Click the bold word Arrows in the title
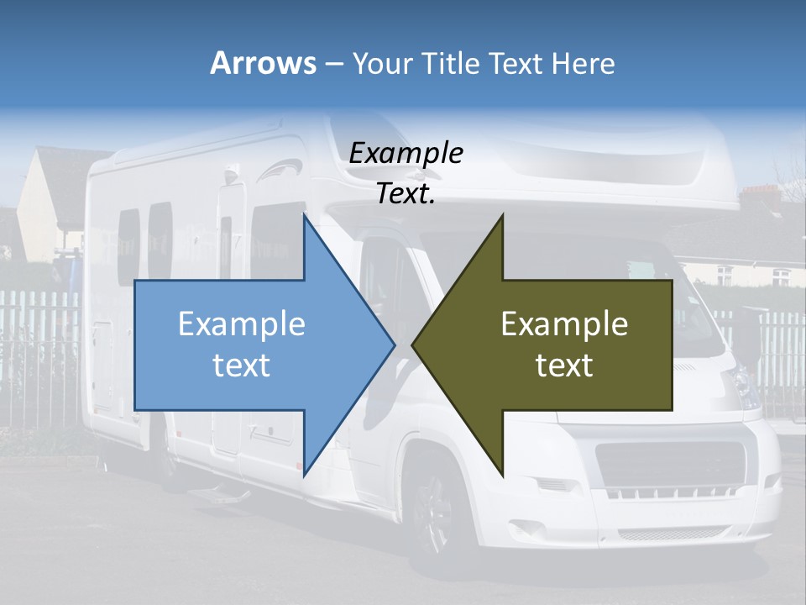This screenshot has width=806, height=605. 263,63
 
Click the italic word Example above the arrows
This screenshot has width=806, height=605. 406,153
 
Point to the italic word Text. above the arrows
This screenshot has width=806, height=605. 406,193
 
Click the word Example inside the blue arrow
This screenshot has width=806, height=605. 242,324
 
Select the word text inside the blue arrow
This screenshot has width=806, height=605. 242,365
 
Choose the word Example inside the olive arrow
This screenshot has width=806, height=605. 564,324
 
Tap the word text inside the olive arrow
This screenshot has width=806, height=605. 564,365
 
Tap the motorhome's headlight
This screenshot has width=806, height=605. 744,382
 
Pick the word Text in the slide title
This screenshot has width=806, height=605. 516,63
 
